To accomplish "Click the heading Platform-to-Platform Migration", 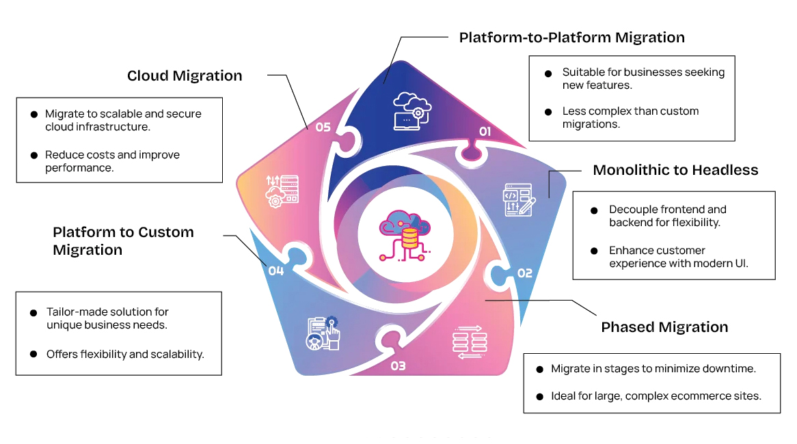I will (x=571, y=37).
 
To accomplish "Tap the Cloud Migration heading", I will (x=185, y=76).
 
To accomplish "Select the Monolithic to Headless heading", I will (x=675, y=170).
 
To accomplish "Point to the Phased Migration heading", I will (x=664, y=327).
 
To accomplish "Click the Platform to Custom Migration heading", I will (x=123, y=240).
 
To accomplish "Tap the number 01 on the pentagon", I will (x=485, y=130).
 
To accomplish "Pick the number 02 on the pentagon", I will (x=524, y=273).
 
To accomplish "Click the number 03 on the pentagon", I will (x=398, y=366).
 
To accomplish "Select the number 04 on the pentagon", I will (x=275, y=271).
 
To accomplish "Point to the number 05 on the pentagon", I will (x=323, y=126).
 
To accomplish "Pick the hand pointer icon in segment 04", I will (x=324, y=333).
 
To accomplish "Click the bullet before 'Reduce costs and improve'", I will (x=34, y=155).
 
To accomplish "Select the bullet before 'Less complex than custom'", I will (x=548, y=111).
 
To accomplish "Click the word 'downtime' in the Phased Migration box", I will (x=730, y=369).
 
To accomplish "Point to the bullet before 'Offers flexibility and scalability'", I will (x=33, y=355).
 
